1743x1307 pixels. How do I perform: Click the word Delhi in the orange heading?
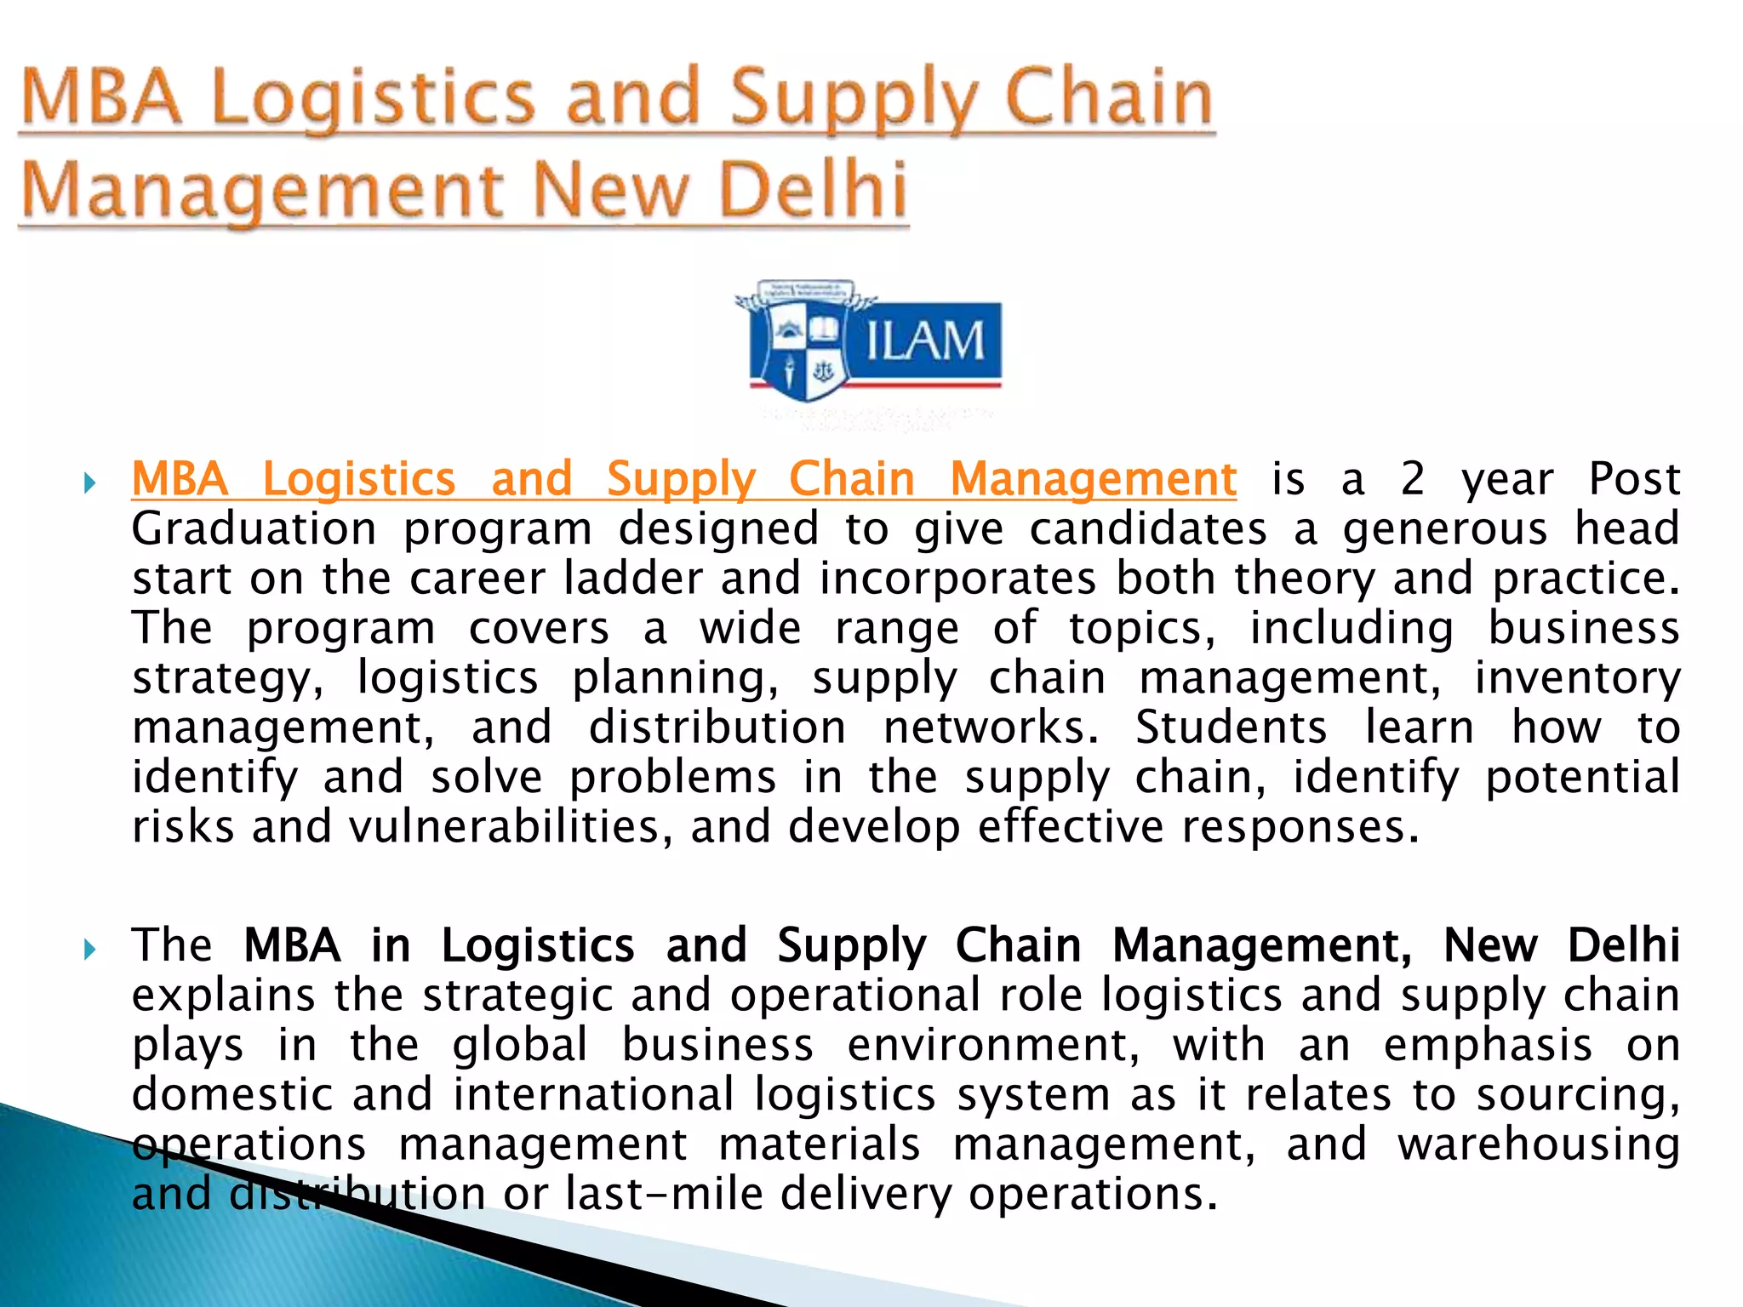tap(813, 189)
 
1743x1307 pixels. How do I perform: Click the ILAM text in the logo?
tap(924, 341)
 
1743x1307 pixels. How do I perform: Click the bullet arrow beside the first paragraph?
tap(89, 485)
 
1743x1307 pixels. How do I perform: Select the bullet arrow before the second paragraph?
tap(89, 950)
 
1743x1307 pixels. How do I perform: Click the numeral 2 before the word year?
tap(1413, 479)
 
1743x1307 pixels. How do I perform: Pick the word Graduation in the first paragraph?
tap(254, 528)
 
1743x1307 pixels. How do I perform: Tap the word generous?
tap(1445, 528)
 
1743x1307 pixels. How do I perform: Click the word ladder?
tap(633, 579)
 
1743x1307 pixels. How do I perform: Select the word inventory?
tap(1577, 678)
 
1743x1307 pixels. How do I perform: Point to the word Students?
tap(1231, 728)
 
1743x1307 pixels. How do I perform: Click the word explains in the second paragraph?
tap(223, 996)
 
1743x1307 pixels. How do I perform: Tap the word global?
tap(520, 1045)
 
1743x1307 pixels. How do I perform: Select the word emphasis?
tap(1488, 1045)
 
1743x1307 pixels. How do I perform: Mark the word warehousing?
tap(1539, 1144)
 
